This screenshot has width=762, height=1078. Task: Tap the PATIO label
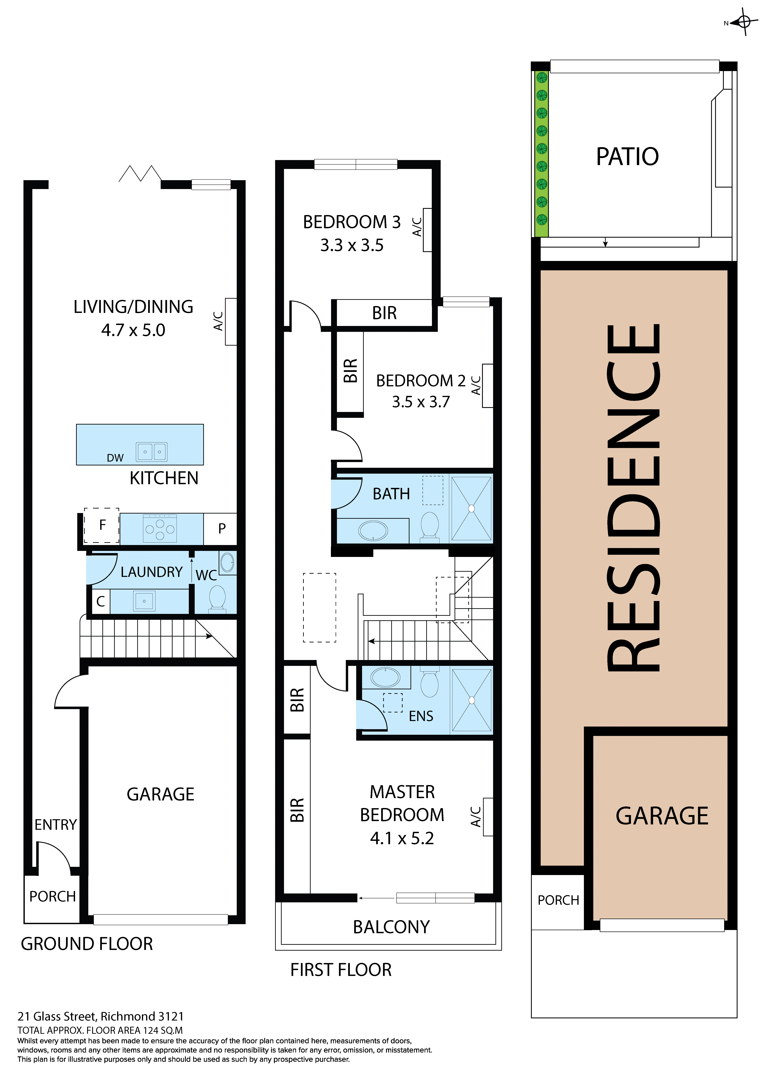[627, 157]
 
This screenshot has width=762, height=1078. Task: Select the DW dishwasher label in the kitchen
[115, 458]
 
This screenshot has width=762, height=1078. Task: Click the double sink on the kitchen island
[152, 452]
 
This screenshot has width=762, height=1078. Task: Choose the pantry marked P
[222, 529]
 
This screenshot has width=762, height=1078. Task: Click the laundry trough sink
[144, 601]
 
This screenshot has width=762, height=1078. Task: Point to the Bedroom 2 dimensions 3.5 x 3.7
[421, 402]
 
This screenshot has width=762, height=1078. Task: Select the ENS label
[421, 716]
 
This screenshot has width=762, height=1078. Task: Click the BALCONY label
[391, 927]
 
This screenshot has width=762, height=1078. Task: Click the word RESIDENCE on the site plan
[634, 498]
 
